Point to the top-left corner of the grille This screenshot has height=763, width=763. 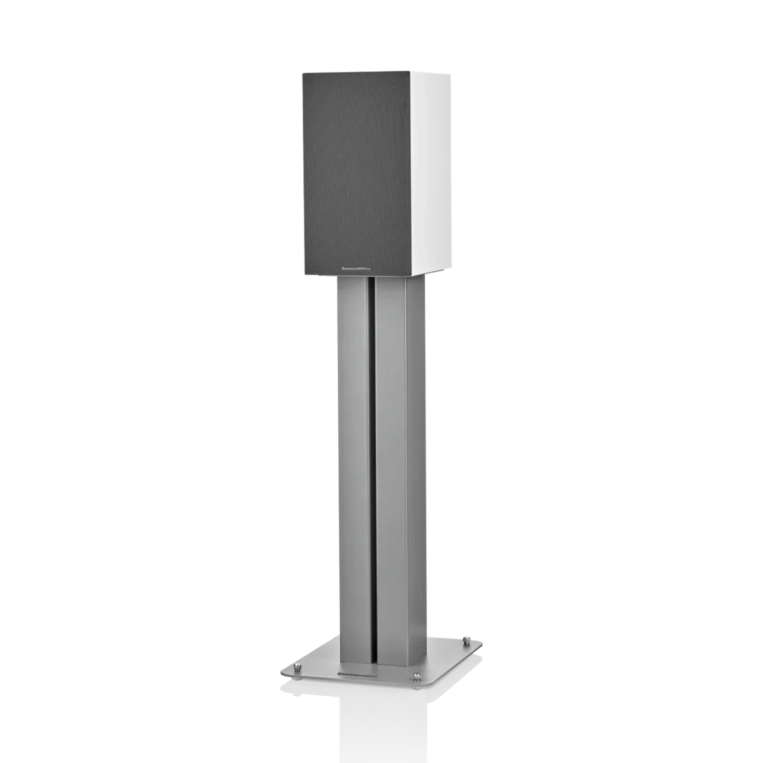click(x=300, y=72)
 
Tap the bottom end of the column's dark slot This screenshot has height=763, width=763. click(x=372, y=661)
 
